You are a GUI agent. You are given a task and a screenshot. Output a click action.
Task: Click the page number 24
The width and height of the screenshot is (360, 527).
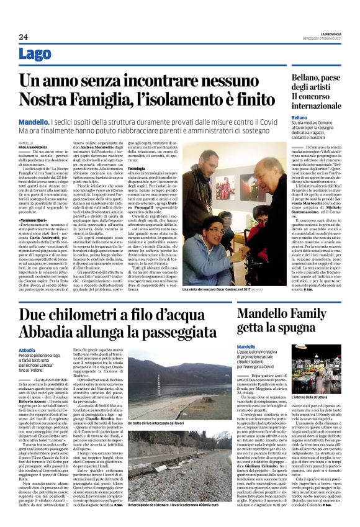24,36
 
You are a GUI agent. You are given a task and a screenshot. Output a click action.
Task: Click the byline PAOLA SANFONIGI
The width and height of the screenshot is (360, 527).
32,148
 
